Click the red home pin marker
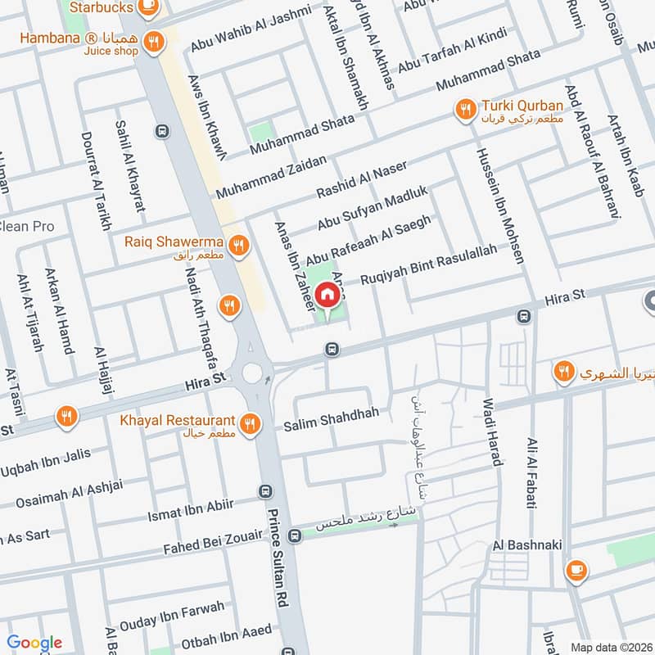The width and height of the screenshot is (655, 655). click(x=327, y=294)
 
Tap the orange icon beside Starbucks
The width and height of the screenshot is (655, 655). click(x=148, y=8)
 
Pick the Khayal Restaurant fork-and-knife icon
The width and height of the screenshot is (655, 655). click(x=251, y=423)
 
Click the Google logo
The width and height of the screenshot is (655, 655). click(x=34, y=643)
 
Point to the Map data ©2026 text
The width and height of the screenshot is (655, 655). click(x=610, y=647)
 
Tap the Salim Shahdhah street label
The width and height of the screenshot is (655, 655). click(x=331, y=413)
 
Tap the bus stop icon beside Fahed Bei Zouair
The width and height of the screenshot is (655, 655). click(x=296, y=534)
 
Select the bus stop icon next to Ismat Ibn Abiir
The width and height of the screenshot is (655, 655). click(x=264, y=491)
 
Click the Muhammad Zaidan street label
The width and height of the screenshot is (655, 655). click(x=270, y=176)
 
